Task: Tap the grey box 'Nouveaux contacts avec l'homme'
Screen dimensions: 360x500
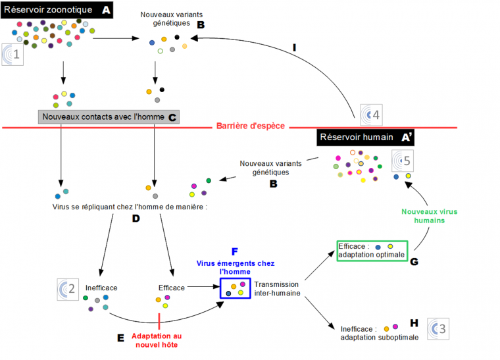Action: pyautogui.click(x=109, y=117)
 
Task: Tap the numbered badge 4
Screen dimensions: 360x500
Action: pyautogui.click(x=372, y=115)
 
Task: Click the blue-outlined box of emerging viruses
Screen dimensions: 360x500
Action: pyautogui.click(x=235, y=288)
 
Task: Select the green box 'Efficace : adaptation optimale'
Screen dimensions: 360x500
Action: pyautogui.click(x=372, y=250)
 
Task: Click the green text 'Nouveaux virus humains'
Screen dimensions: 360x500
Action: pyautogui.click(x=430, y=216)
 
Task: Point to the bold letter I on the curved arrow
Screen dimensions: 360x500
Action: pyautogui.click(x=295, y=47)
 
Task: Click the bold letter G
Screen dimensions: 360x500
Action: pyautogui.click(x=414, y=261)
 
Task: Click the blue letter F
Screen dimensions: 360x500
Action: pyautogui.click(x=235, y=252)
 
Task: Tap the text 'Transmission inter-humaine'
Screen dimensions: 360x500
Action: pyautogui.click(x=277, y=289)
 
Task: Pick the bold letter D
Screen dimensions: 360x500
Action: pyautogui.click(x=136, y=218)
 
